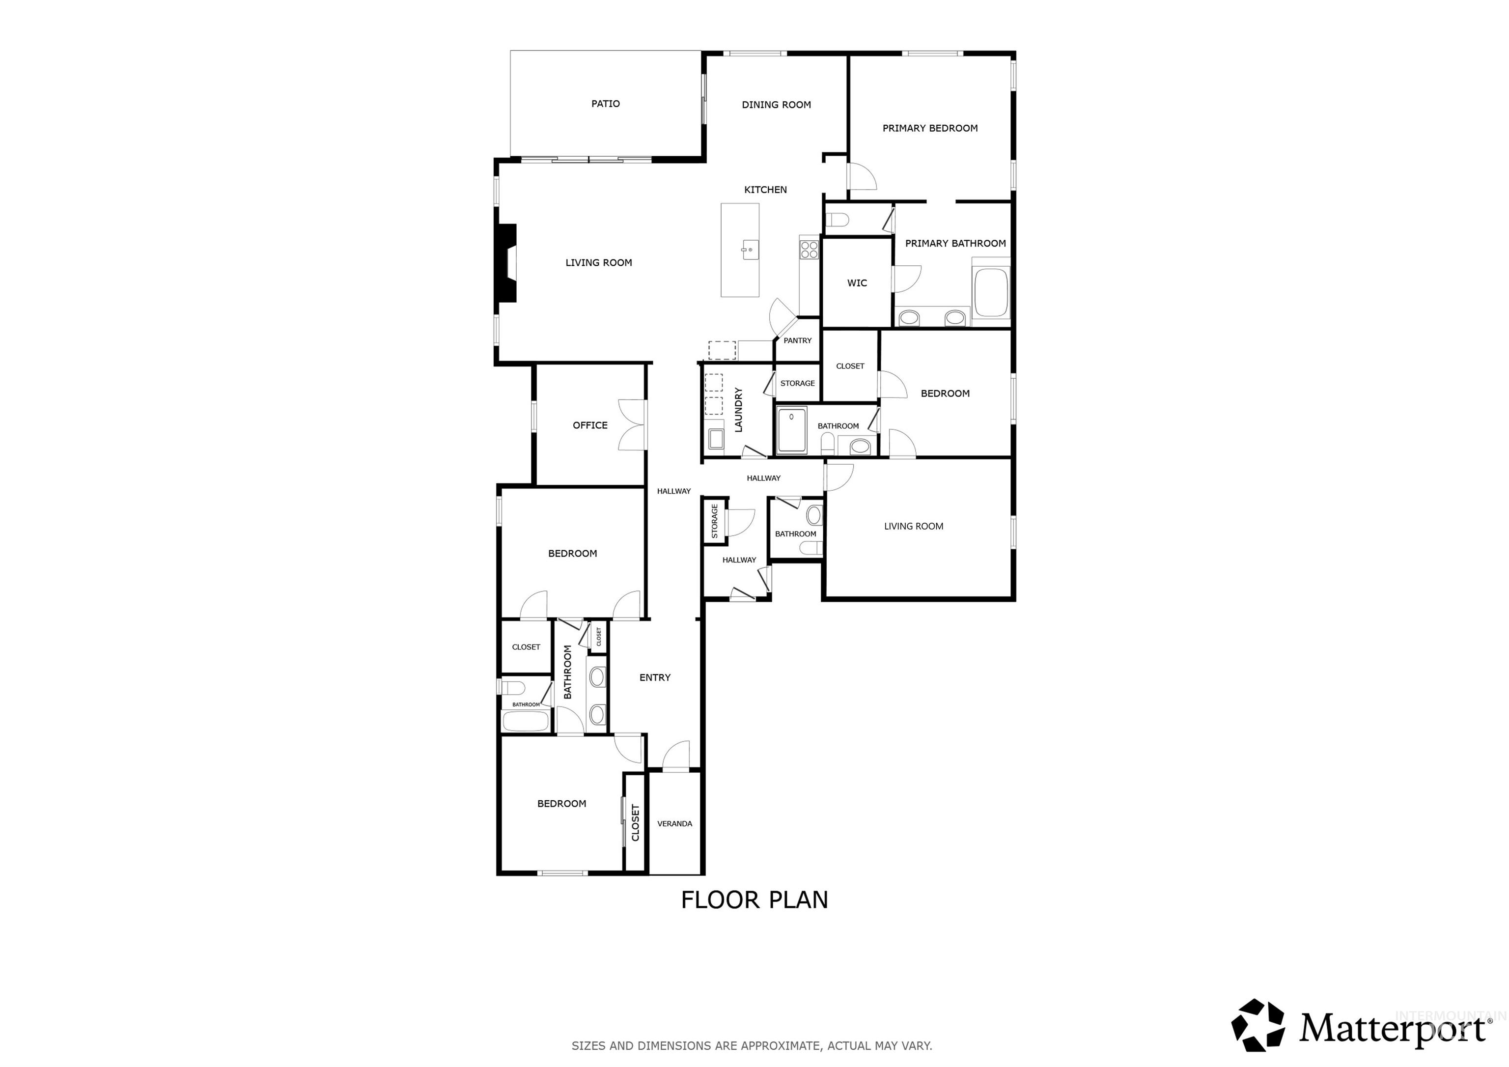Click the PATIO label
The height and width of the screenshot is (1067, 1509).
pos(605,104)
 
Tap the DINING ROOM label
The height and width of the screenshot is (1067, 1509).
pos(776,105)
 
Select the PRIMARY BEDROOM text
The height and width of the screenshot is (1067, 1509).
pos(929,128)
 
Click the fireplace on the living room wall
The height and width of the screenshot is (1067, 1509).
pos(507,263)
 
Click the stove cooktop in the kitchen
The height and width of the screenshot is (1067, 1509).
pos(809,250)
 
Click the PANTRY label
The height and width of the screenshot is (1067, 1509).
pos(797,340)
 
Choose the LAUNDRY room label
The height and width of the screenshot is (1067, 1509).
pos(738,410)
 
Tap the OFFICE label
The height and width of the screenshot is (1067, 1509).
pos(589,425)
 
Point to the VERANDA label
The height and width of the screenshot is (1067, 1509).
pos(674,824)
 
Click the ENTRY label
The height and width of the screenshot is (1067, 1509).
pos(655,678)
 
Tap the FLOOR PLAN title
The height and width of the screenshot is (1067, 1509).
pos(754,900)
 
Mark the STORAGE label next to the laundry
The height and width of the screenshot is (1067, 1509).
pos(797,383)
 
